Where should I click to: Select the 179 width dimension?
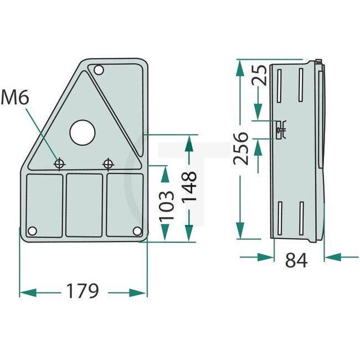pos(83,290)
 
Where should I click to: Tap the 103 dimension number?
pos(167,205)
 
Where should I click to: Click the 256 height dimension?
pos(240,148)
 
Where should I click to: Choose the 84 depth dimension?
pos(297,259)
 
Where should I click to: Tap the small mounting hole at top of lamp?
pos(99,70)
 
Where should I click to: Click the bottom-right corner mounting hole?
pos(136,231)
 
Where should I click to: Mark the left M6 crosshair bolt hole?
pos(59,163)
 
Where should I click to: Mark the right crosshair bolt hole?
pos(107,163)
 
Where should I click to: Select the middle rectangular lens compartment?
pos(84,204)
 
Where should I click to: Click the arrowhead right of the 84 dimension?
pos(332,256)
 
